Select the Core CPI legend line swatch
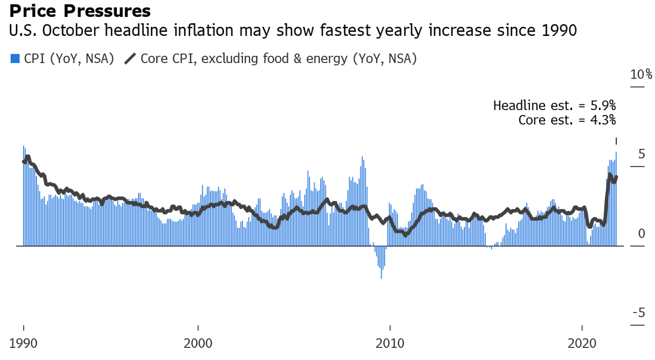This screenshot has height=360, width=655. (x=130, y=59)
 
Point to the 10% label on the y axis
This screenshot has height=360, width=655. (x=641, y=75)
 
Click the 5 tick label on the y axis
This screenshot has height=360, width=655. (x=641, y=154)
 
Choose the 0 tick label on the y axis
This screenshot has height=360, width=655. (x=641, y=234)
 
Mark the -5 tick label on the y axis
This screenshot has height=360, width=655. (x=639, y=313)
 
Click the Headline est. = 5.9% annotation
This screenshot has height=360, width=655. (x=554, y=105)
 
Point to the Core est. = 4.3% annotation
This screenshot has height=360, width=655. (x=567, y=119)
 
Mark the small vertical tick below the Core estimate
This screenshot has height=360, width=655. (x=616, y=141)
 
